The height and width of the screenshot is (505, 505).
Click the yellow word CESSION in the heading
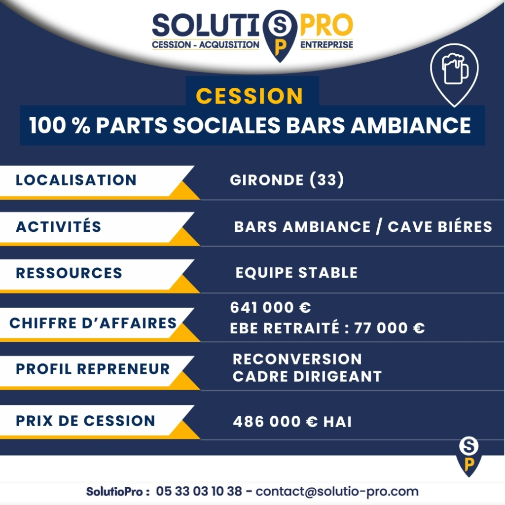pyautogui.click(x=249, y=96)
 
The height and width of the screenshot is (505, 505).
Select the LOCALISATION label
pyautogui.click(x=76, y=180)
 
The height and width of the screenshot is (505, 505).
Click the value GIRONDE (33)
pyautogui.click(x=287, y=180)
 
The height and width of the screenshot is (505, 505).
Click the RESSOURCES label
pyautogui.click(x=69, y=273)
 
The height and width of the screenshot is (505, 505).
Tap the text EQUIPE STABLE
pyautogui.click(x=296, y=272)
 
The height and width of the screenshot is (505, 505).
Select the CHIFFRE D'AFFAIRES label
pyautogui.click(x=93, y=323)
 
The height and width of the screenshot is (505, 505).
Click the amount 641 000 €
pyautogui.click(x=271, y=307)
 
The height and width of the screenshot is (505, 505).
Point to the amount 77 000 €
pyautogui.click(x=390, y=328)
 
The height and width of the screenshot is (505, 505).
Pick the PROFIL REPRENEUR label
pyautogui.click(x=93, y=369)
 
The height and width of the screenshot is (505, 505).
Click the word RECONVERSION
pyautogui.click(x=297, y=359)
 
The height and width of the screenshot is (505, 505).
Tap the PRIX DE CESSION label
pyautogui.click(x=85, y=421)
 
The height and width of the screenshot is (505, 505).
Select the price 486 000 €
pyautogui.click(x=275, y=421)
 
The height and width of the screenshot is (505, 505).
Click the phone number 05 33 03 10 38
pyautogui.click(x=199, y=491)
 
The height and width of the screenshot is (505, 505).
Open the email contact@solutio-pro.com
pyautogui.click(x=337, y=492)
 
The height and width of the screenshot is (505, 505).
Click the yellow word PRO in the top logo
pyautogui.click(x=326, y=25)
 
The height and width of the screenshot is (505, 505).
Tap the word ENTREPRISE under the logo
pyautogui.click(x=326, y=44)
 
